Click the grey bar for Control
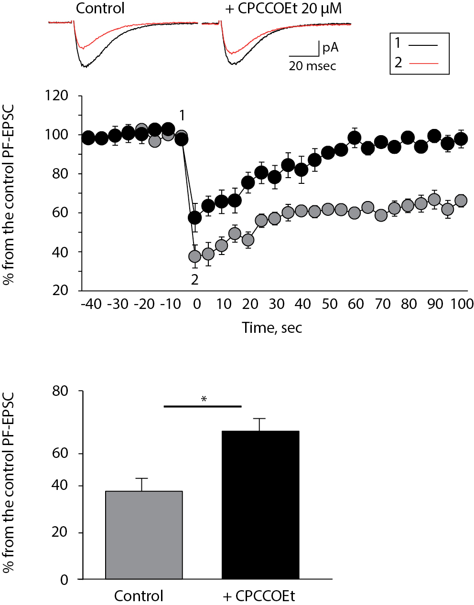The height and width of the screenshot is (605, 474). click(x=144, y=535)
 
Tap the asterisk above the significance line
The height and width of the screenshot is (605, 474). click(x=204, y=399)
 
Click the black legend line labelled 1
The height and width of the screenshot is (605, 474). click(x=423, y=45)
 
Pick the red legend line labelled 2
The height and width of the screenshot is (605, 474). click(x=423, y=63)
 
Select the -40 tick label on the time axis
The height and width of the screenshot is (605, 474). click(x=90, y=304)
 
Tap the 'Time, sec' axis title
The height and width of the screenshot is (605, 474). click(x=272, y=328)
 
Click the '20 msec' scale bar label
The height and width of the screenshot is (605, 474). click(x=312, y=66)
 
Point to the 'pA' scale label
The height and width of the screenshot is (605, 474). click(x=330, y=47)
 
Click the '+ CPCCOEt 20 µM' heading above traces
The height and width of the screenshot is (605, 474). click(x=283, y=9)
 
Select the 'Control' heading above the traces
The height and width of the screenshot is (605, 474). click(x=100, y=9)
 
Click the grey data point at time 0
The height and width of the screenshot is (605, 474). click(x=194, y=257)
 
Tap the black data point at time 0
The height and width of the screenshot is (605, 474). click(x=194, y=218)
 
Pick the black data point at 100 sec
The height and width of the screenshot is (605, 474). click(x=461, y=139)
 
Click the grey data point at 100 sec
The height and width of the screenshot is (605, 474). click(x=461, y=201)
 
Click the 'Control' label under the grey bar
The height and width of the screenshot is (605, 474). click(x=139, y=596)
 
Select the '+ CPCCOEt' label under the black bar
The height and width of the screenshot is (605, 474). click(x=259, y=596)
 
